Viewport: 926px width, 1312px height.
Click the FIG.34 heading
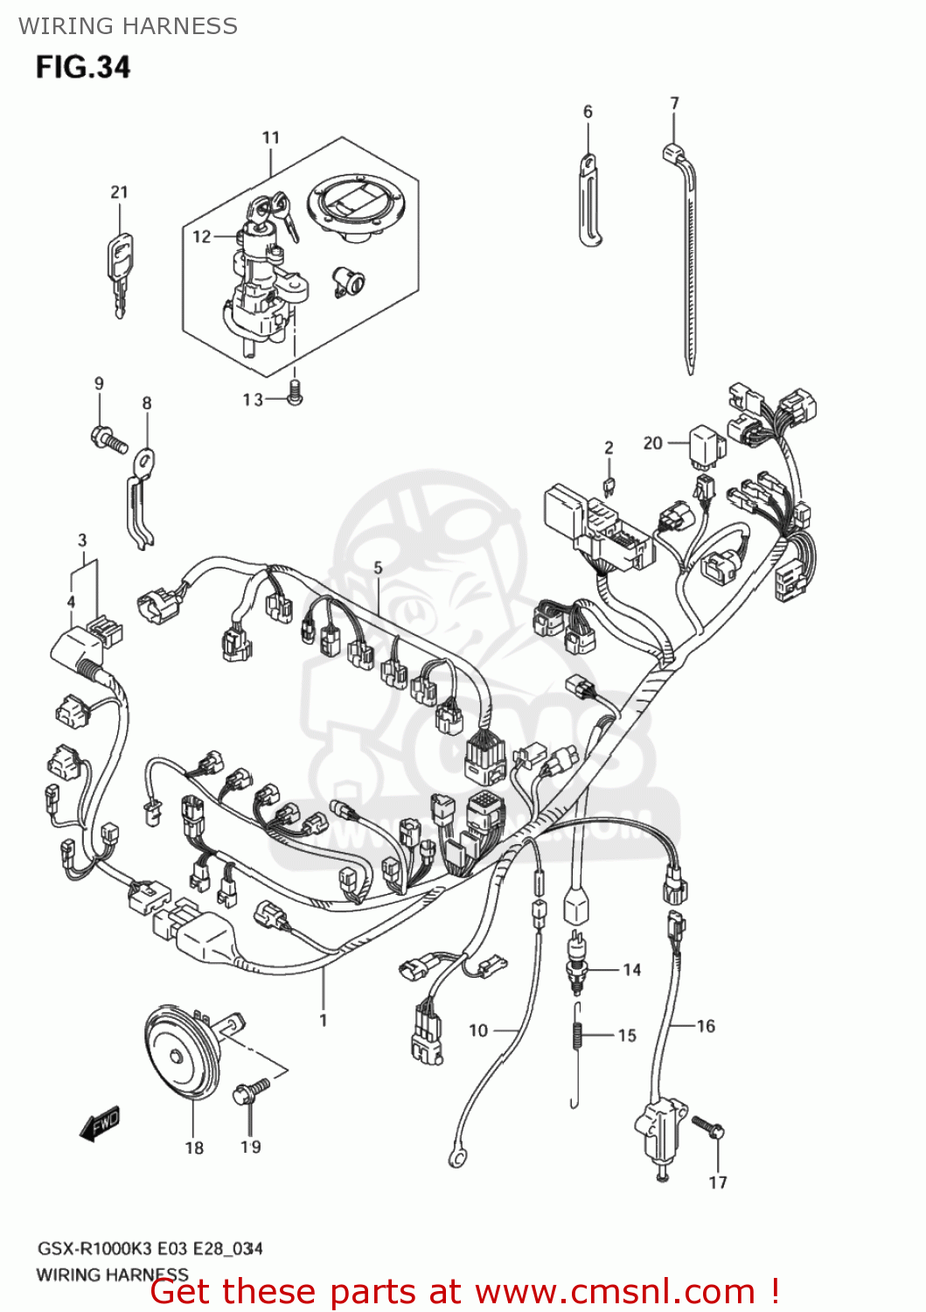(83, 67)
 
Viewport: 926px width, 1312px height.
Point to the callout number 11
(271, 137)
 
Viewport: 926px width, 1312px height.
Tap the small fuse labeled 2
(609, 485)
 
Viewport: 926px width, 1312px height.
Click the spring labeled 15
(577, 1036)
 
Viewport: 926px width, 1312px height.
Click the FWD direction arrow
(100, 1124)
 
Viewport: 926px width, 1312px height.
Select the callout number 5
(378, 568)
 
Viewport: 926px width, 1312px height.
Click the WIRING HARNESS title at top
(129, 26)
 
